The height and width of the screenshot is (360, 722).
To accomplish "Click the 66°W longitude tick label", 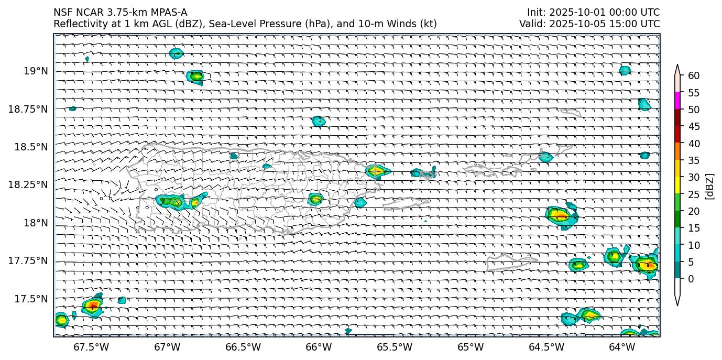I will coord(319,347).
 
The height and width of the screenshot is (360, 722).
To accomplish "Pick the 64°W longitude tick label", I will coord(622,347).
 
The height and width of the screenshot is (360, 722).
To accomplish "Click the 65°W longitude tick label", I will coord(471,347).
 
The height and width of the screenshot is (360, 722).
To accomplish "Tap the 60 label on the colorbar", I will coord(693,76).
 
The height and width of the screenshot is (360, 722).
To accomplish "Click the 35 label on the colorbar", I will coord(693,160).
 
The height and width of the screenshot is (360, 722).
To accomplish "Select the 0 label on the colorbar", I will coord(691,279).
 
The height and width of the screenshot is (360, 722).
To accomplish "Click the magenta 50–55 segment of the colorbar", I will coord(677,101).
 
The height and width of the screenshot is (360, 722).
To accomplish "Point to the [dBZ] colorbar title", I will coord(710,186).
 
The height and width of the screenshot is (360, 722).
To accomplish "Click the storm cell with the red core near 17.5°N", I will coord(93,306).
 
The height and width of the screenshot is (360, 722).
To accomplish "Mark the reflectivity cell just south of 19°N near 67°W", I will coord(196,77).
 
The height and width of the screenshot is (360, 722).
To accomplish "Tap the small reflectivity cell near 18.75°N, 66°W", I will coord(319,121).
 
